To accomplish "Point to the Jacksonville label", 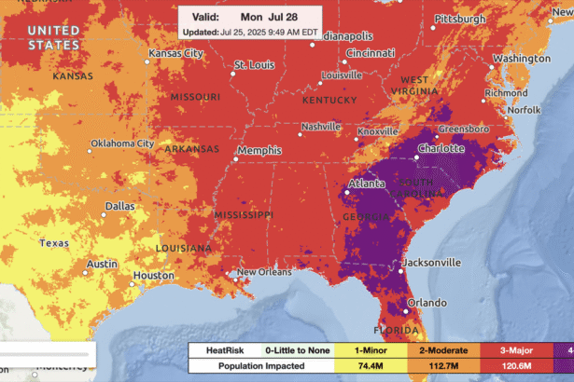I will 431,262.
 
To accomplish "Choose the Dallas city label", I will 119,206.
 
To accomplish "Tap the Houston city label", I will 153,276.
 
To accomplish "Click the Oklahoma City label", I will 121,143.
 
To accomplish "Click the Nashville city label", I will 320,127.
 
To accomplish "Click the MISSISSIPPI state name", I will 245,215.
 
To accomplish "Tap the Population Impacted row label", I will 234,366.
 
